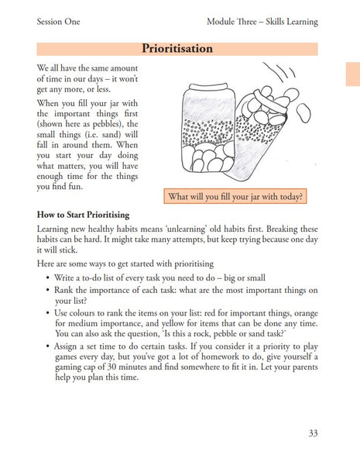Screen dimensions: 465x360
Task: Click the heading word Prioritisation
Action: pyautogui.click(x=177, y=48)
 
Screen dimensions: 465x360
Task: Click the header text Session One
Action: pyautogui.click(x=62, y=20)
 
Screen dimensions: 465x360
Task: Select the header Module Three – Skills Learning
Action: pyautogui.click(x=262, y=20)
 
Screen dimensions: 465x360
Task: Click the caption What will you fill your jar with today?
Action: pyautogui.click(x=235, y=196)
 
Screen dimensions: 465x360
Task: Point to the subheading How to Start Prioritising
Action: pyautogui.click(x=83, y=214)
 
